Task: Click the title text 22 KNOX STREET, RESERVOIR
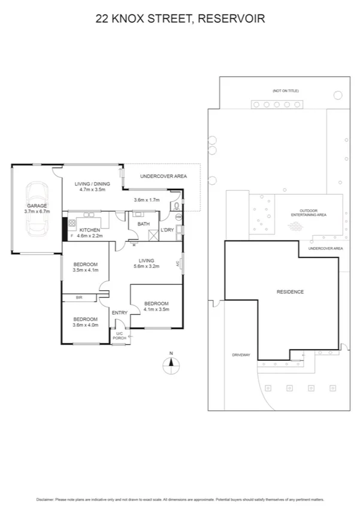(x=180, y=19)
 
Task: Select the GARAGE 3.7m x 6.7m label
(x=36, y=209)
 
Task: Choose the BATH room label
(x=144, y=224)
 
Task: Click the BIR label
(x=78, y=297)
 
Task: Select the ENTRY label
(x=119, y=312)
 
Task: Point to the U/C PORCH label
(x=119, y=335)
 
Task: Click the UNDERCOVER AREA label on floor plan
(x=164, y=176)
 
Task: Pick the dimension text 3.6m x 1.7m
(x=147, y=200)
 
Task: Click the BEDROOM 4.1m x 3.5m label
(x=156, y=306)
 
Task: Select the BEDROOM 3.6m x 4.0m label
(x=85, y=322)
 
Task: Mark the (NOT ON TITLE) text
(x=285, y=91)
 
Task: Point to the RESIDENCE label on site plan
(x=291, y=292)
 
